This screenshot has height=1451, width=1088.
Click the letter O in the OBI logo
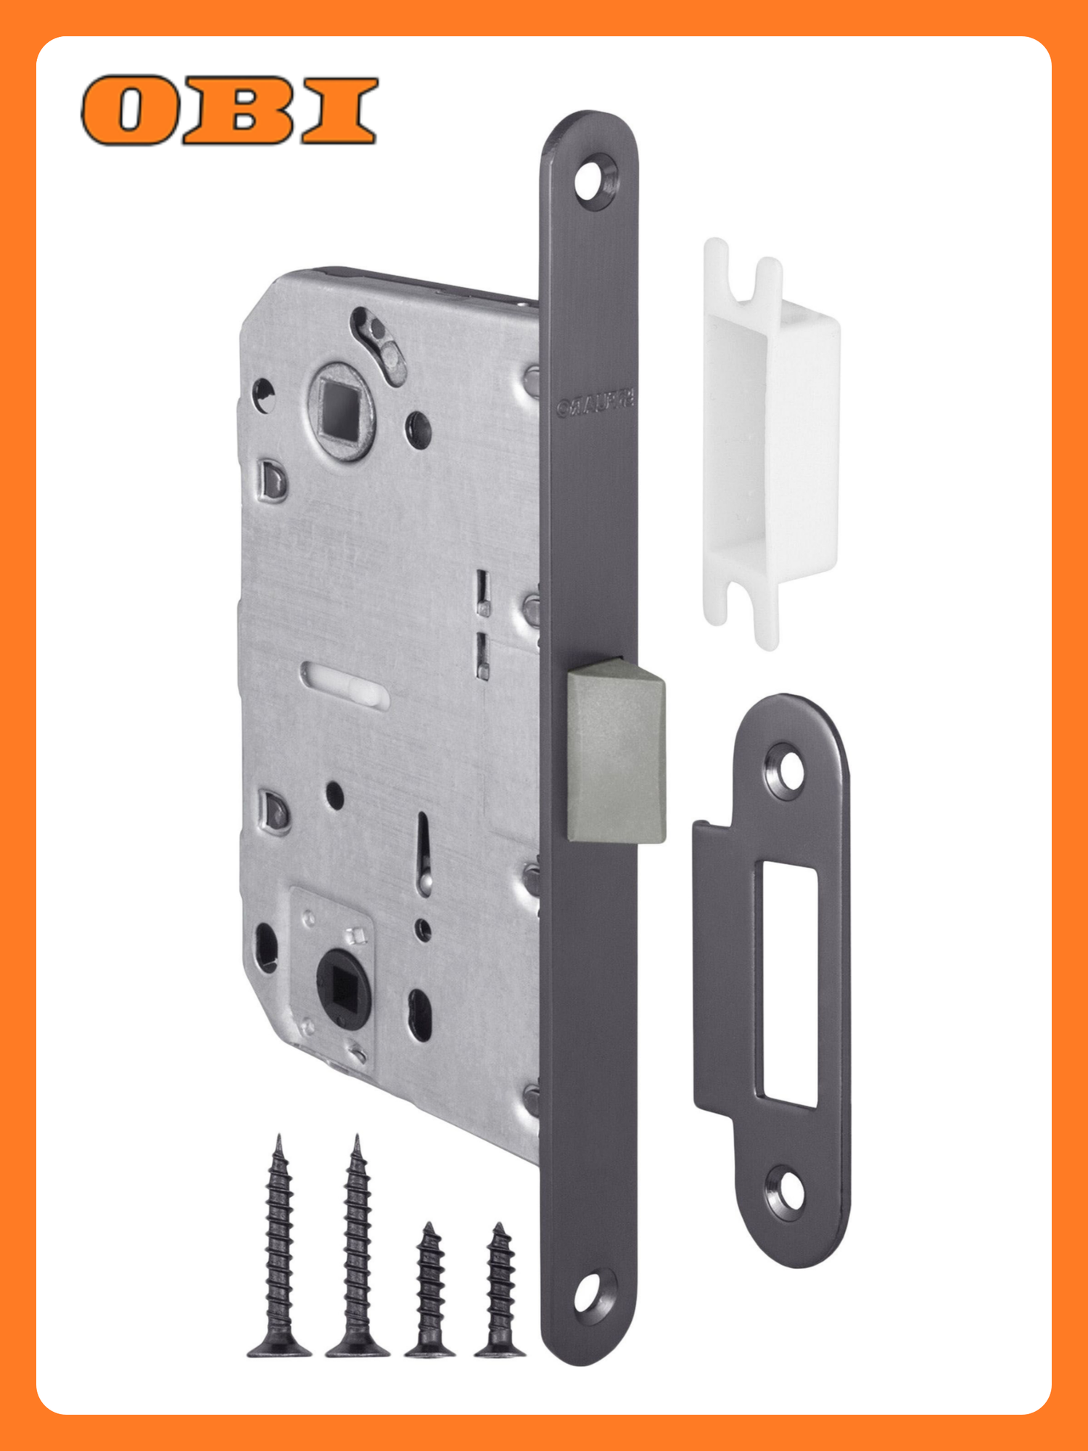pyautogui.click(x=129, y=110)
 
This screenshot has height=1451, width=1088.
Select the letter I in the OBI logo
pyautogui.click(x=339, y=110)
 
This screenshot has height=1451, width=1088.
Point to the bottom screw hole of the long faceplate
pyautogui.click(x=590, y=1296)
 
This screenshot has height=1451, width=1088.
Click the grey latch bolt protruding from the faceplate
pyautogui.click(x=615, y=751)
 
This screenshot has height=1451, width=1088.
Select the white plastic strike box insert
pyautogui.click(x=770, y=443)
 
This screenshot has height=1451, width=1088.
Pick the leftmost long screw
pyautogui.click(x=279, y=1248)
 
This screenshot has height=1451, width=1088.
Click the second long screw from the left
pyautogui.click(x=357, y=1248)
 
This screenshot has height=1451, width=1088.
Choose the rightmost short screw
pyautogui.click(x=500, y=1291)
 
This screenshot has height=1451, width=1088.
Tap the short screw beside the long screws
pyautogui.click(x=431, y=1291)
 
